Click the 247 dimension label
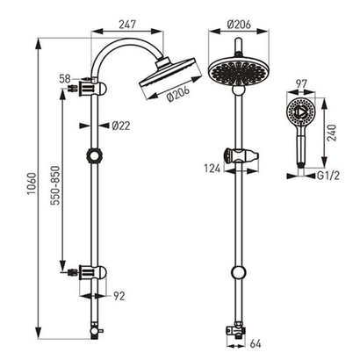coord(127,25)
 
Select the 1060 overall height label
coord(31,184)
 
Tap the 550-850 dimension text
coord(54,185)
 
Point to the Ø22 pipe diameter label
coord(121,126)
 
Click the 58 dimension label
coord(65,79)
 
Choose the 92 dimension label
coord(119,296)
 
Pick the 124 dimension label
coord(212,169)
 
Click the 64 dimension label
coord(256,343)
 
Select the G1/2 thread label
coord(328,176)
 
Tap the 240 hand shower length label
coord(332,133)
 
